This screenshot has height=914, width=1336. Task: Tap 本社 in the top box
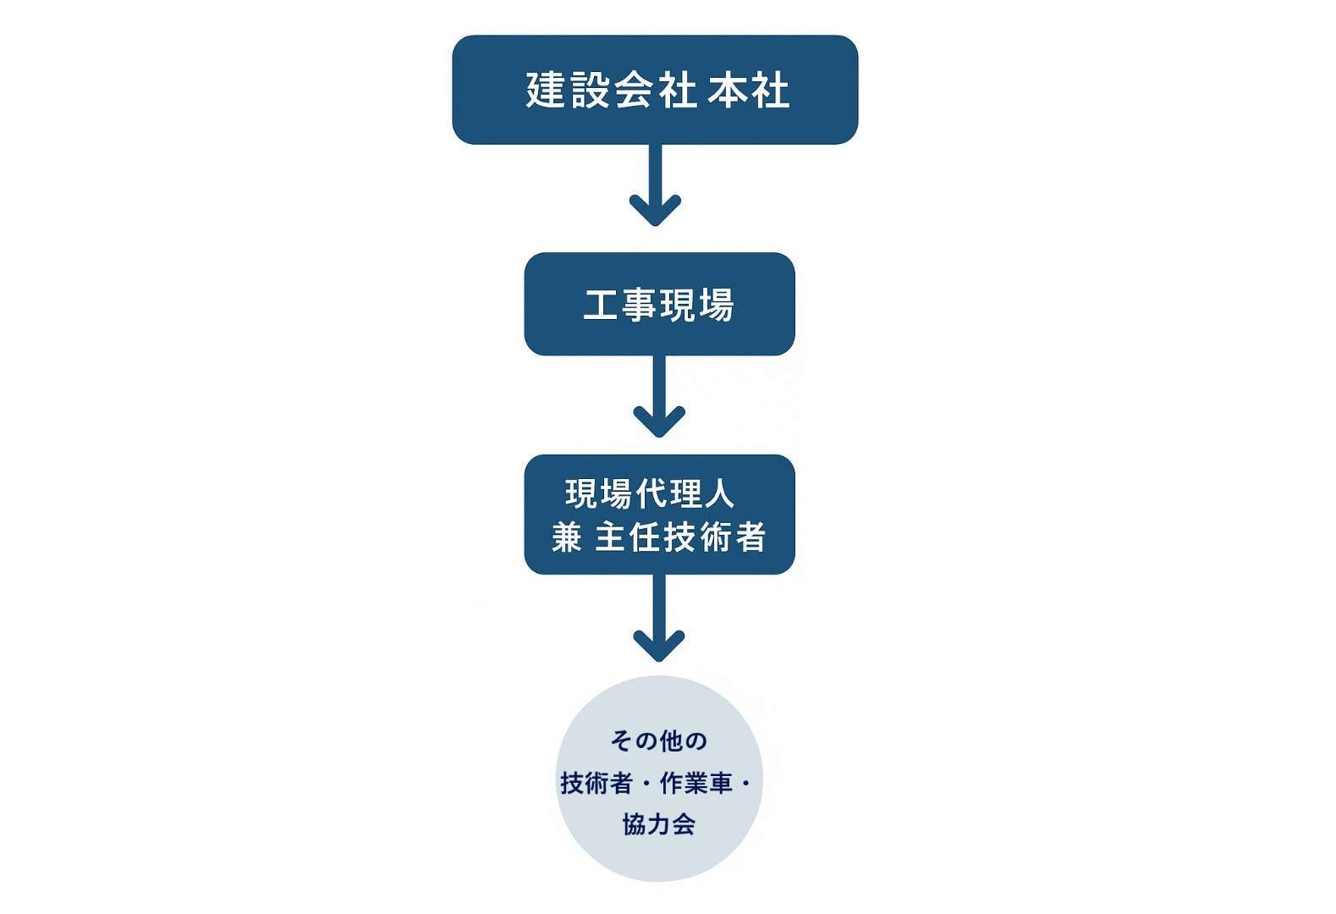749,90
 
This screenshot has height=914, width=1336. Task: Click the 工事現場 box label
658,305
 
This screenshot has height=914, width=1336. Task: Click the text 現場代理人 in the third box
649,493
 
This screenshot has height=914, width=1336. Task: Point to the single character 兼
567,537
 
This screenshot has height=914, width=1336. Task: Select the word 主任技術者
680,537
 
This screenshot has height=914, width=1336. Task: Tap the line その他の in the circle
658,741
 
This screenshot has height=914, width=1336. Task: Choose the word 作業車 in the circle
695,784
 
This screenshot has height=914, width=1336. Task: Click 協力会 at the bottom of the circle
658,824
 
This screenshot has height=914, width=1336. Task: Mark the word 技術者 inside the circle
596,784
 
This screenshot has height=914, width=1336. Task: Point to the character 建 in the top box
545,90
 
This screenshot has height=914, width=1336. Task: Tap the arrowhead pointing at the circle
659,647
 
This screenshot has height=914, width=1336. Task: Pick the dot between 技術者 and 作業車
646,784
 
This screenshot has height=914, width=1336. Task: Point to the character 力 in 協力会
658,824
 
